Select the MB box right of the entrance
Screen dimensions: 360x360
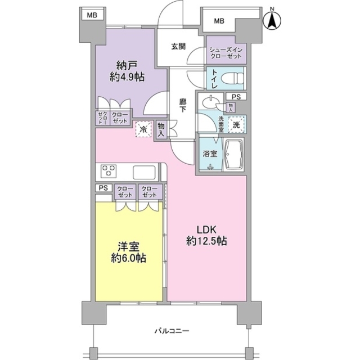pyautogui.click(x=219, y=21)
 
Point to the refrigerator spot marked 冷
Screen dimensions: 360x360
pyautogui.click(x=143, y=130)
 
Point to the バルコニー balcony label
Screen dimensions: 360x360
pyautogui.click(x=172, y=331)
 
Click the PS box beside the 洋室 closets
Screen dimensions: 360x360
pyautogui.click(x=103, y=188)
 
